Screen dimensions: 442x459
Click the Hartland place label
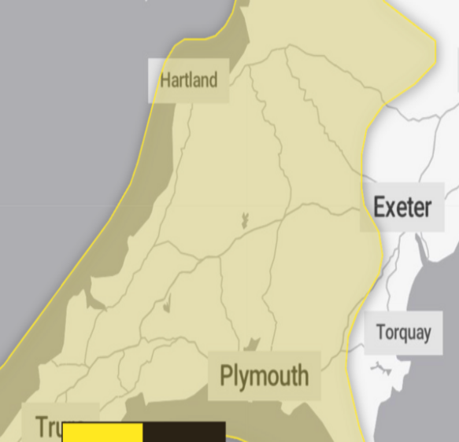tap(189, 79)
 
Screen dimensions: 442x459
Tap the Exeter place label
tap(402, 208)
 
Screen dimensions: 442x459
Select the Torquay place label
tap(403, 333)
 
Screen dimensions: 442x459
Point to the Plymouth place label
tap(265, 376)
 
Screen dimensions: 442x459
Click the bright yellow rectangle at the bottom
tap(102, 432)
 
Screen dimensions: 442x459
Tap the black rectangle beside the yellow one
tap(184, 432)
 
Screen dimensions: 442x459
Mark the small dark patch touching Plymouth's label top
tap(252, 344)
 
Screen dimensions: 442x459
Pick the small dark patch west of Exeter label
tap(244, 220)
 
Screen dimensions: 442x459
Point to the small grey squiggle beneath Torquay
tap(383, 366)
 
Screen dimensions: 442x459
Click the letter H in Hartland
tap(165, 79)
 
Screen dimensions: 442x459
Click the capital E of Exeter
tap(379, 208)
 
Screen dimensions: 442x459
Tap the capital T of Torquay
tap(381, 332)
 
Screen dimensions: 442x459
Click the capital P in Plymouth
tap(227, 375)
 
